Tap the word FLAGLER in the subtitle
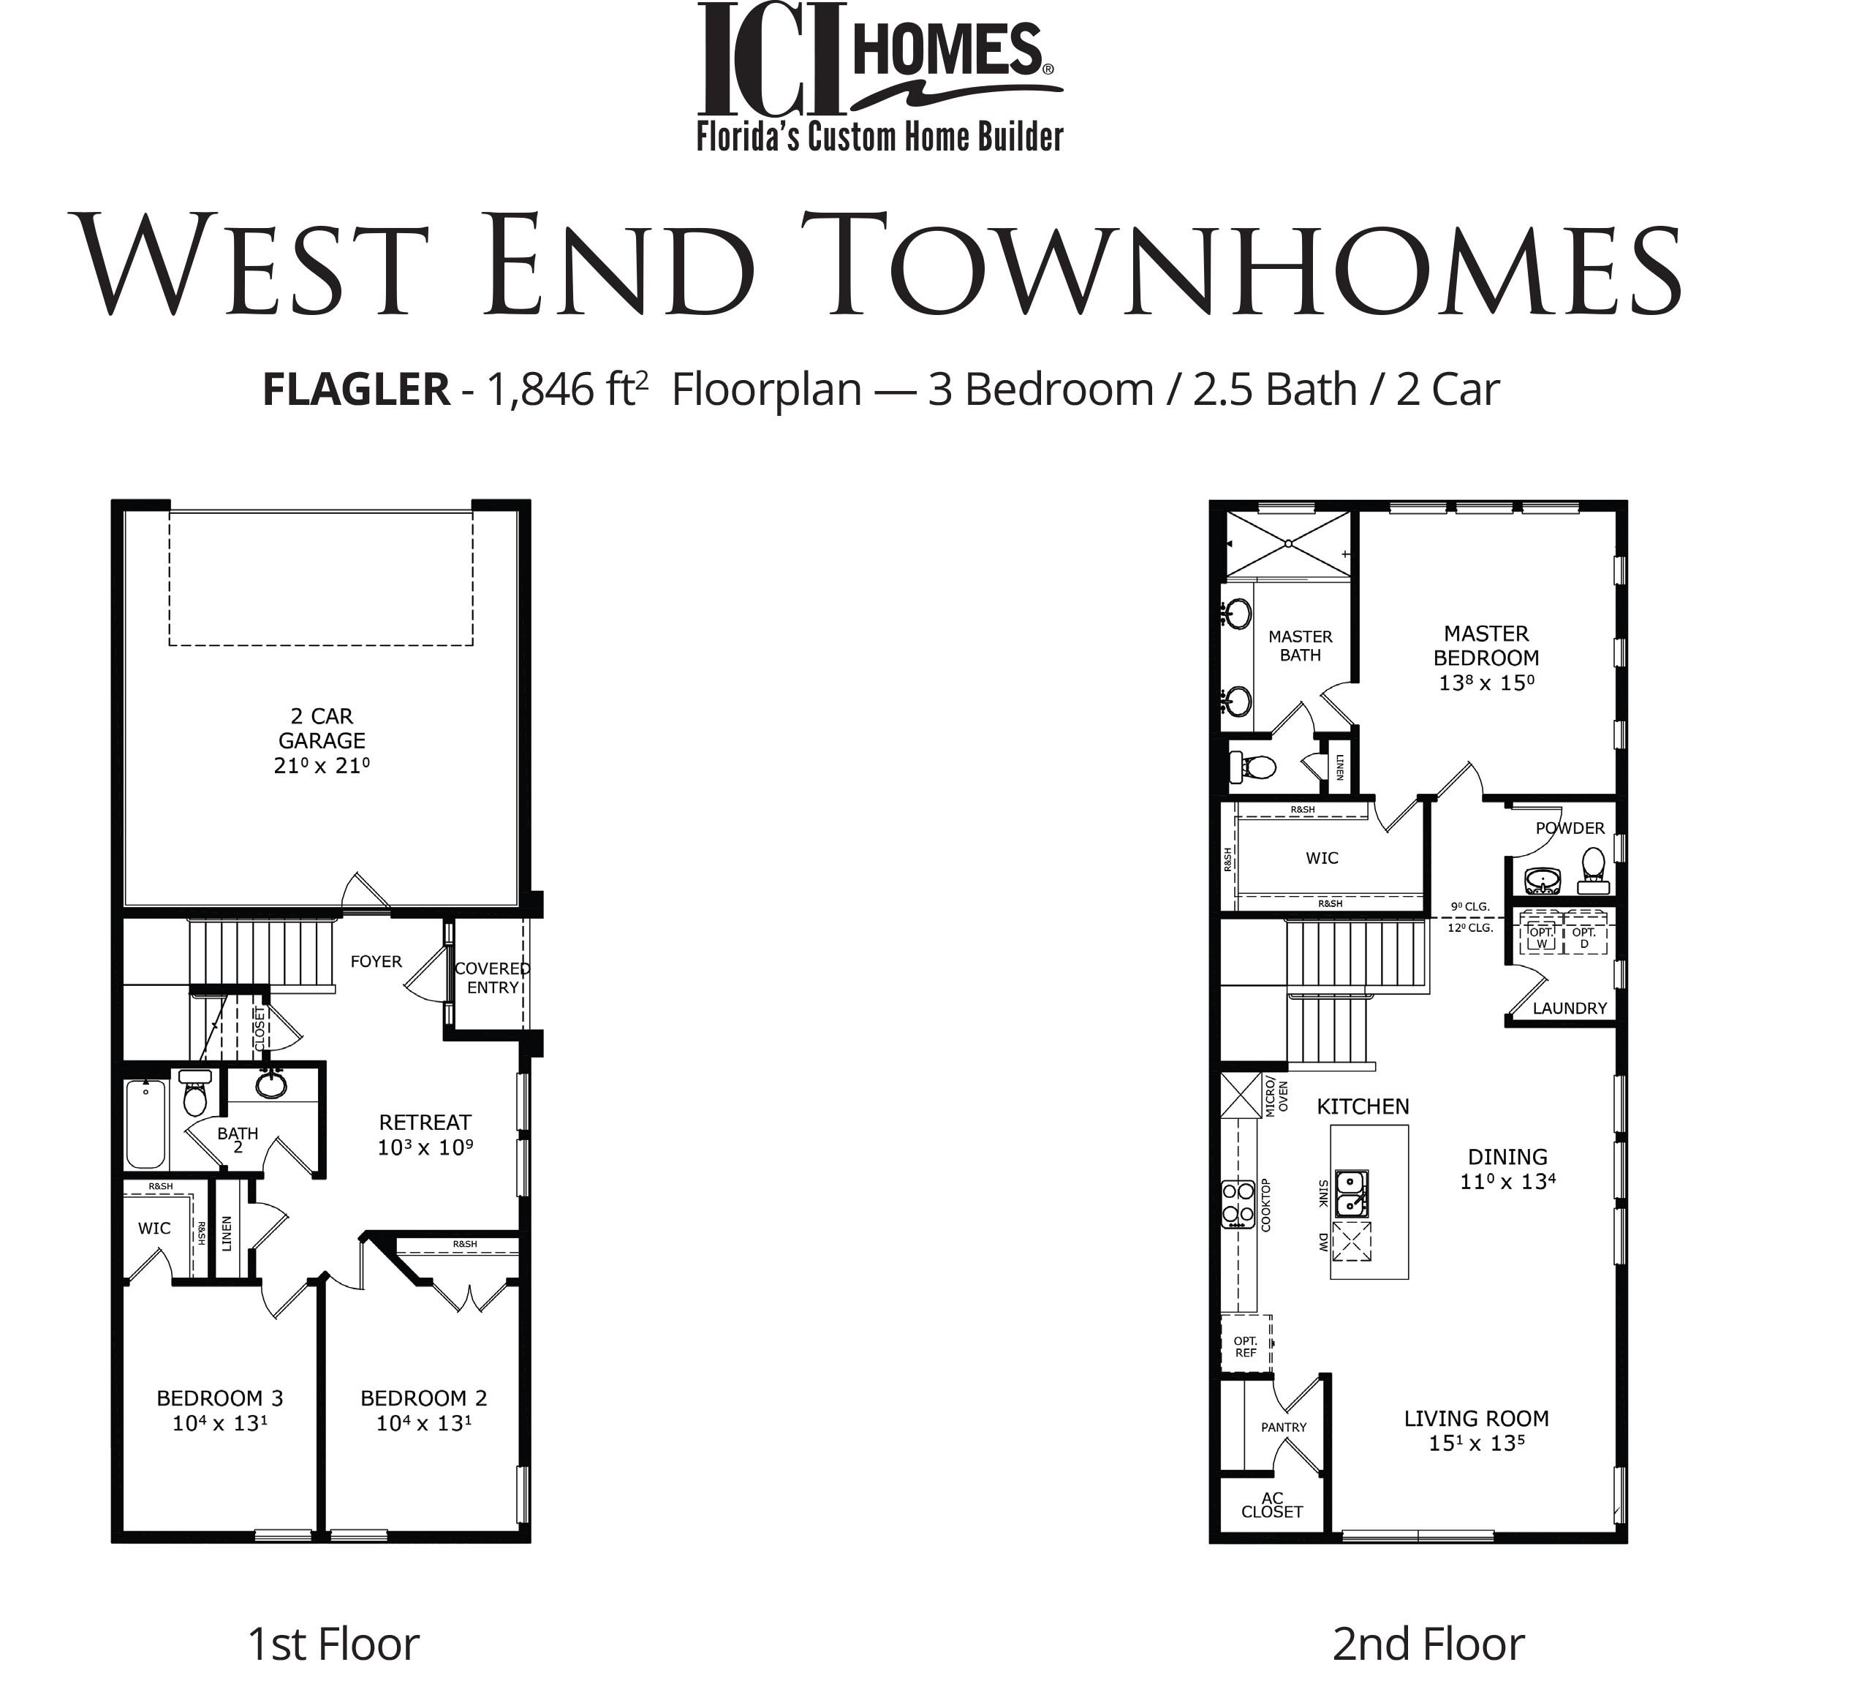[x=355, y=390]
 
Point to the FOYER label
[x=376, y=962]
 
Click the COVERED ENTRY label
[x=492, y=977]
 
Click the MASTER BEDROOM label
[x=1486, y=645]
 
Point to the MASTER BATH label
[x=1301, y=645]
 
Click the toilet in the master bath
[x=1254, y=767]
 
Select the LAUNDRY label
[x=1570, y=1009]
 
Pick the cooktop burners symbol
[x=1238, y=1204]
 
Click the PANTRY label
[x=1284, y=1427]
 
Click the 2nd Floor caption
[x=1428, y=1644]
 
